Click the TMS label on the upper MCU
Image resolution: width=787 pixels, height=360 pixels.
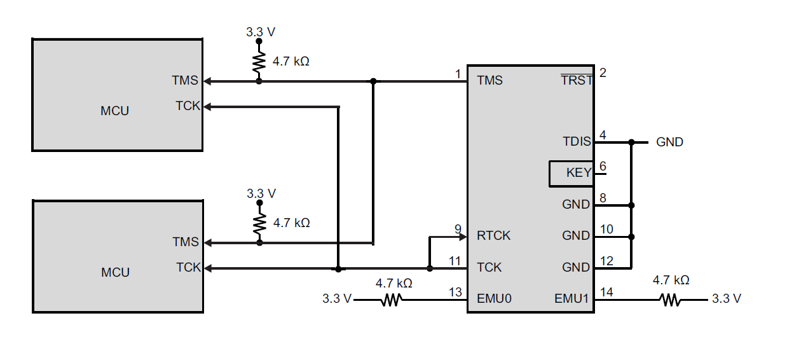pyautogui.click(x=184, y=81)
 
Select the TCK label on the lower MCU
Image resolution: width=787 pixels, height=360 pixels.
pyautogui.click(x=188, y=268)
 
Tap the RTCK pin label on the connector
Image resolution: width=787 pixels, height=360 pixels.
pyautogui.click(x=493, y=236)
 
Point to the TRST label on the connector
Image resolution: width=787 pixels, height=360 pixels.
pyautogui.click(x=577, y=81)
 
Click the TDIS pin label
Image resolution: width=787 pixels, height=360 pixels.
pyautogui.click(x=577, y=141)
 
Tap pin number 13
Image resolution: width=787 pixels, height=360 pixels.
pyautogui.click(x=455, y=292)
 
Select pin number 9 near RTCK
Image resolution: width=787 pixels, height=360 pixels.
pyautogui.click(x=458, y=229)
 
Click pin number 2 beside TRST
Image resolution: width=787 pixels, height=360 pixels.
pyautogui.click(x=603, y=73)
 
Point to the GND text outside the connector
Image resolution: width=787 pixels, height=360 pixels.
pyautogui.click(x=669, y=142)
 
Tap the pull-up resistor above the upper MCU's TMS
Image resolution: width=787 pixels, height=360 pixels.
pyautogui.click(x=259, y=62)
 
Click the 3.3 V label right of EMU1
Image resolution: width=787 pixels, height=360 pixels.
pyautogui.click(x=726, y=298)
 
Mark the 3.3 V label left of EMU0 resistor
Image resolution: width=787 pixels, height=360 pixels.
pyautogui.click(x=337, y=298)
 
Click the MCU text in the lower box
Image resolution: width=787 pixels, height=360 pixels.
pyautogui.click(x=115, y=272)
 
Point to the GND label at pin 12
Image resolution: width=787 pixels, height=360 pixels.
pyautogui.click(x=576, y=268)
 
